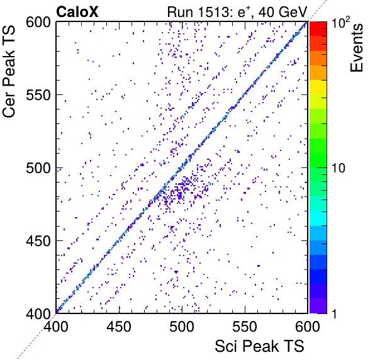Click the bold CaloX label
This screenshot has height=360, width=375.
[77, 12]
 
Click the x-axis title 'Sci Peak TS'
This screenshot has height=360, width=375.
[259, 346]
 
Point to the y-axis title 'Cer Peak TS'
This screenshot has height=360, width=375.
[9, 72]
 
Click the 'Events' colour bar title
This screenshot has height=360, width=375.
[356, 48]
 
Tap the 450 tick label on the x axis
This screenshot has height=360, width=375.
[119, 326]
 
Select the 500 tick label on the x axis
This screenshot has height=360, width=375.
[182, 326]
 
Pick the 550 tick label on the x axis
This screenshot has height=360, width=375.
[245, 326]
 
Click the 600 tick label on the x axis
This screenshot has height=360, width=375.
[308, 326]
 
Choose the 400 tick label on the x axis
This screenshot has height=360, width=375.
[56, 326]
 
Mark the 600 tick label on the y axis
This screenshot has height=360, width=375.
[38, 23]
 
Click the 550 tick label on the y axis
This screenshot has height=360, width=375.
[38, 96]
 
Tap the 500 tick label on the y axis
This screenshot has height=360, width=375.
[38, 169]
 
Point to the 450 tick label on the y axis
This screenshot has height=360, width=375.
[38, 241]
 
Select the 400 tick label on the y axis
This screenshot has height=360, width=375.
[38, 313]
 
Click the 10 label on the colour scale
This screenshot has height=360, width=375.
[339, 169]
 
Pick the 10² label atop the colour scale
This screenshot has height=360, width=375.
[340, 22]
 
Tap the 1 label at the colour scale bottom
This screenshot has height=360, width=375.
[335, 313]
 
